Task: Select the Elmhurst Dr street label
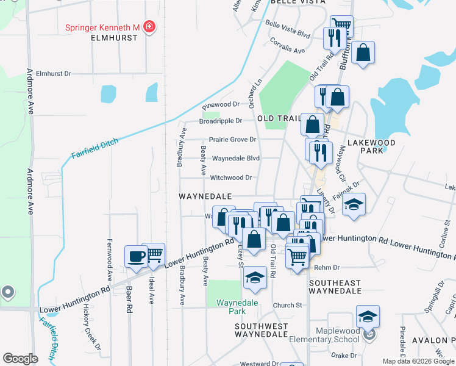pyautogui.click(x=54, y=73)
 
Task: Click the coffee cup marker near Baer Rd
pyautogui.click(x=135, y=256)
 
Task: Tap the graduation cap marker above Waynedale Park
pyautogui.click(x=255, y=278)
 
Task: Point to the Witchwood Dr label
pyautogui.click(x=232, y=178)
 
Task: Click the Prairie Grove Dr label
pyautogui.click(x=232, y=139)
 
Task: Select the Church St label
pyautogui.click(x=288, y=305)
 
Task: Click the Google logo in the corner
pyautogui.click(x=21, y=359)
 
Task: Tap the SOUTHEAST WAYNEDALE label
pyautogui.click(x=335, y=287)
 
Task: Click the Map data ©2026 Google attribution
pyautogui.click(x=418, y=361)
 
